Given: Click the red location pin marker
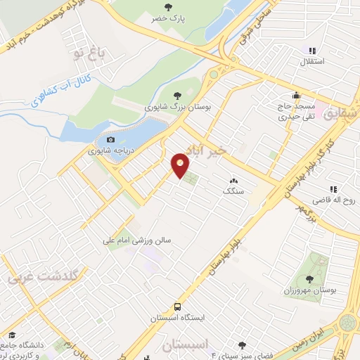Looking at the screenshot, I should pyautogui.click(x=181, y=165).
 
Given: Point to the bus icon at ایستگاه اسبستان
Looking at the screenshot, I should pyautogui.click(x=177, y=307).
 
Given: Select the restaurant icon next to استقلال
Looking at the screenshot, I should pyautogui.click(x=312, y=51).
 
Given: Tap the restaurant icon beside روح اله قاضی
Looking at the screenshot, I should pyautogui.click(x=335, y=189).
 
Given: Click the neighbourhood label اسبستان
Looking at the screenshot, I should pyautogui.click(x=188, y=346).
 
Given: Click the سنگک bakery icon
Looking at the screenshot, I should pyautogui.click(x=232, y=181).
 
